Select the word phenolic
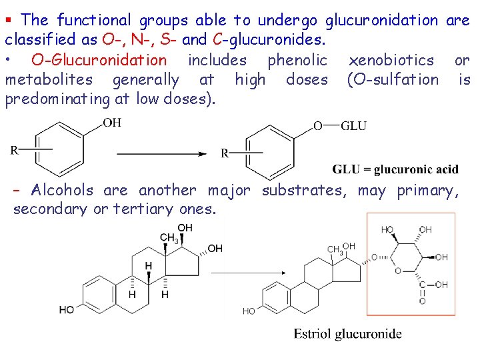point(297,61)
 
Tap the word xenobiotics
point(391,61)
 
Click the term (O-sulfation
point(393,81)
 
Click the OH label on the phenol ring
point(112,123)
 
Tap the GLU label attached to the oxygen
point(353,126)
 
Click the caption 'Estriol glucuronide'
point(347,333)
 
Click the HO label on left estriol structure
point(67,309)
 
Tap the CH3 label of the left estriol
point(169,238)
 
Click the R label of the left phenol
point(14,150)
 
